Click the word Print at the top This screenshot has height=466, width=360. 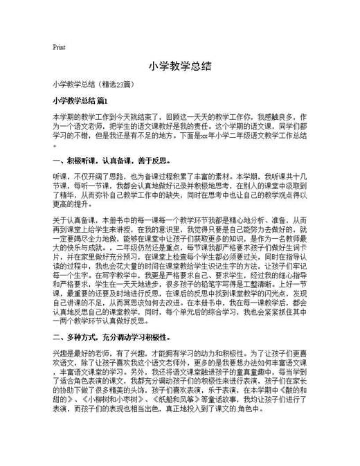[x=59, y=47]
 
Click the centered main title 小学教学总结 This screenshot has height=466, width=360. [x=179, y=66]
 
